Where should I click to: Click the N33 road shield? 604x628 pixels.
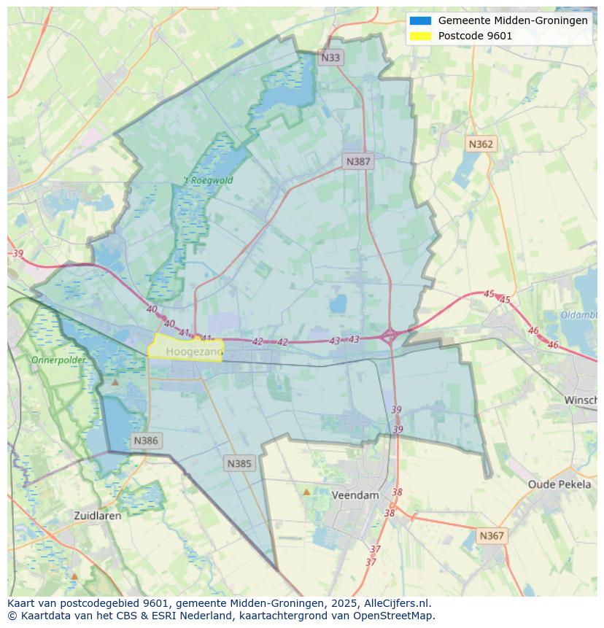(x=330, y=58)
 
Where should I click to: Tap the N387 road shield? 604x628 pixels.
(x=358, y=162)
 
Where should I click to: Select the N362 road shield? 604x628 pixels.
(x=481, y=144)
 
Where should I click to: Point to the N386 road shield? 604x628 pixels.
(x=146, y=441)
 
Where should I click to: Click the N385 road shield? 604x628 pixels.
(x=239, y=463)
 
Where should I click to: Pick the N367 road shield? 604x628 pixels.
(x=492, y=535)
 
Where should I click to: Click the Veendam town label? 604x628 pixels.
(x=355, y=495)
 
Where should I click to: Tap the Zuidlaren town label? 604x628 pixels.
(x=98, y=515)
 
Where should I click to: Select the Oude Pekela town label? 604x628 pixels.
(x=560, y=484)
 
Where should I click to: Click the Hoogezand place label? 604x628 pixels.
(x=194, y=352)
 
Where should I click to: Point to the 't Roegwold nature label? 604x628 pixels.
(x=208, y=180)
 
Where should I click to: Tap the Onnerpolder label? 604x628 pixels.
(x=58, y=360)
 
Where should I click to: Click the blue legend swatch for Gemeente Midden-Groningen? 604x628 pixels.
(x=420, y=20)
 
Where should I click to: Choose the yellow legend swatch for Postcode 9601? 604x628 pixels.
(x=420, y=36)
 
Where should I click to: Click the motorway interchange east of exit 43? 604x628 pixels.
(x=390, y=336)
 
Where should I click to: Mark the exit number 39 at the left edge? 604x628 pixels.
(x=18, y=253)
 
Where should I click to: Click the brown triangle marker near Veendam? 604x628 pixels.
(x=306, y=492)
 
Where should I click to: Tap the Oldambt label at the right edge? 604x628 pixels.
(x=579, y=314)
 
